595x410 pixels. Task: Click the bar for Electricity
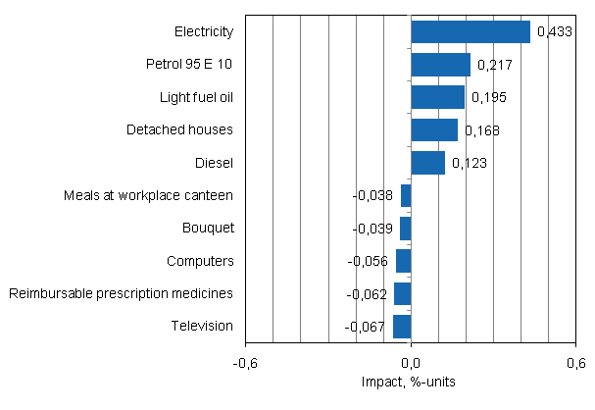(x=471, y=32)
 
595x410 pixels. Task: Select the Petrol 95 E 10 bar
(x=440, y=65)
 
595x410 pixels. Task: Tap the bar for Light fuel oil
(x=437, y=97)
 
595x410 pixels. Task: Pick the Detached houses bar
(x=434, y=129)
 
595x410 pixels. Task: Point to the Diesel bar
(x=427, y=163)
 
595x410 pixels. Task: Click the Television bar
(x=402, y=326)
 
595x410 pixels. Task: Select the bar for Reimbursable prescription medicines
(x=403, y=293)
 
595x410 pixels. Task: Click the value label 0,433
(x=555, y=32)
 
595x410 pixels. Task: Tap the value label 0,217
(x=494, y=66)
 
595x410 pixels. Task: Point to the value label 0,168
(x=481, y=130)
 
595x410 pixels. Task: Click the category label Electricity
(x=203, y=32)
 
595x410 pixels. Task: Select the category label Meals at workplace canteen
(x=148, y=195)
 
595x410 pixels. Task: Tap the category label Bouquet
(x=208, y=228)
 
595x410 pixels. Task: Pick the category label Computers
(x=200, y=261)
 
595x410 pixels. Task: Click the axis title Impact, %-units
(x=411, y=382)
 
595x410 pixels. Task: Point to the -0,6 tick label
(x=245, y=364)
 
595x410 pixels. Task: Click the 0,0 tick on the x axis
(x=411, y=364)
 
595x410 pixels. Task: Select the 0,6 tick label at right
(x=576, y=364)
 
